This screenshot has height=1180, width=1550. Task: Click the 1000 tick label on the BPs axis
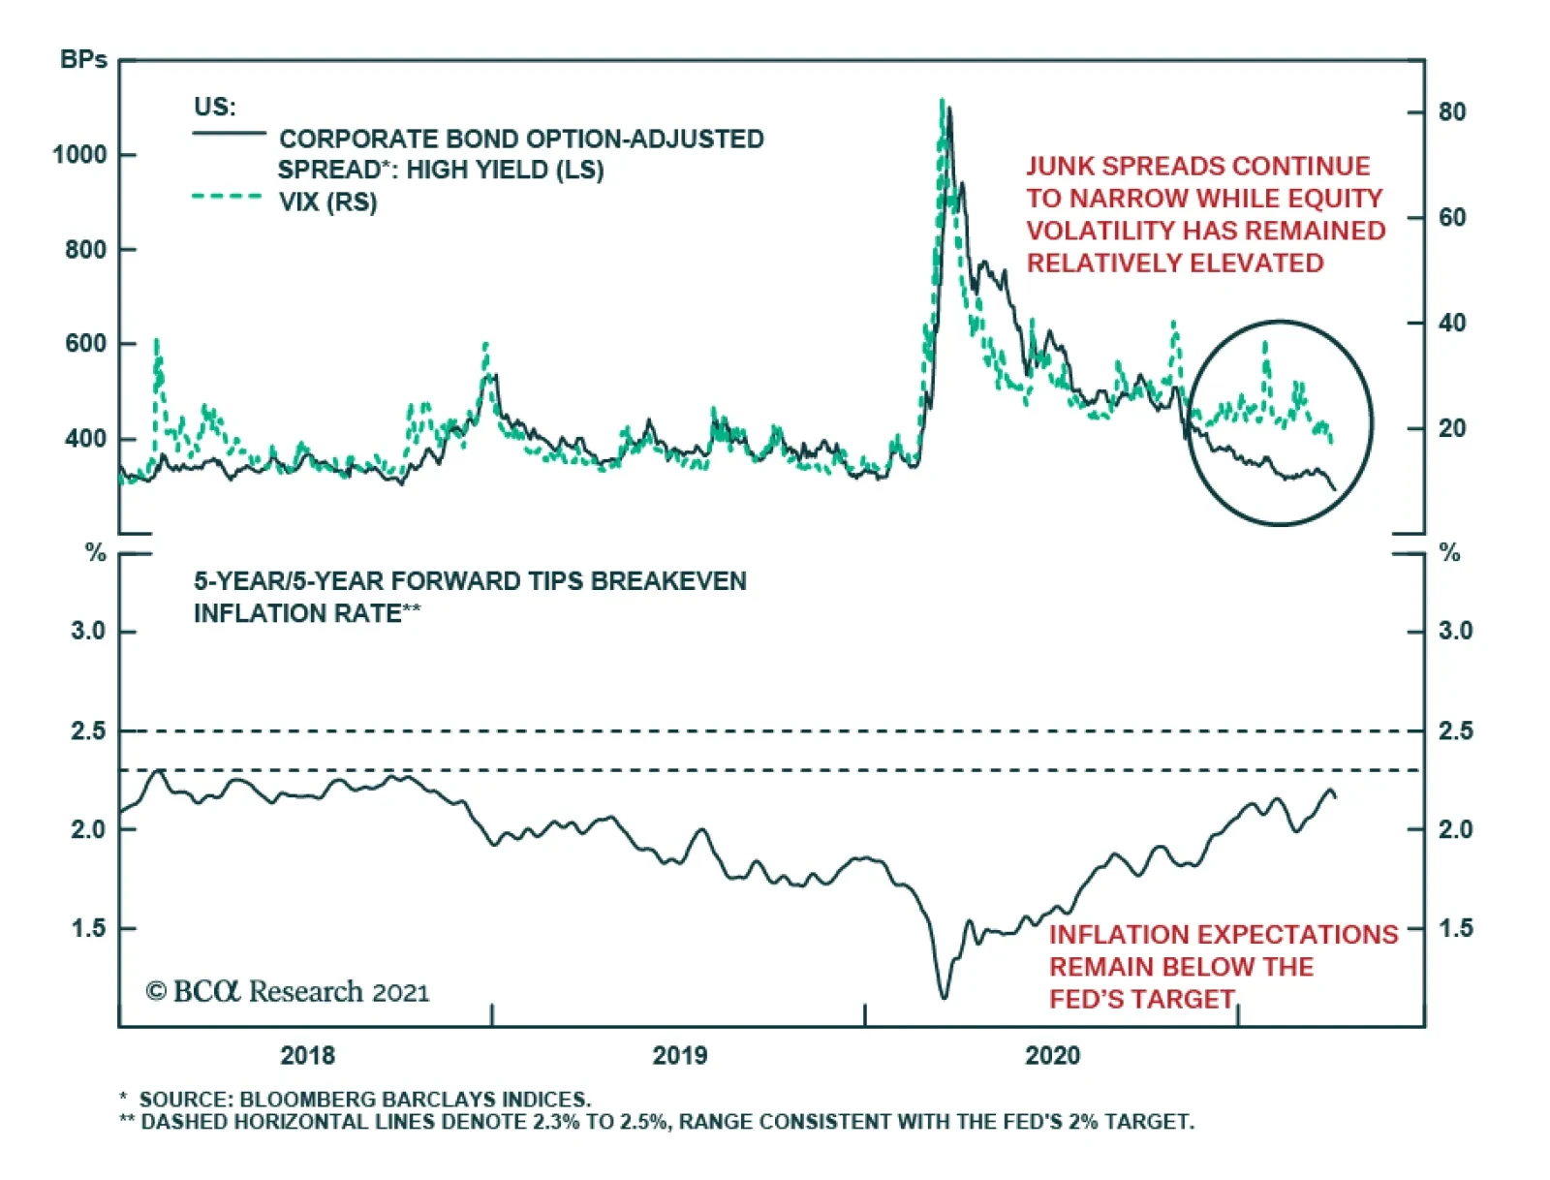[x=79, y=155]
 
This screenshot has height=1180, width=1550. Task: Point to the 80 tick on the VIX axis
[x=1451, y=112]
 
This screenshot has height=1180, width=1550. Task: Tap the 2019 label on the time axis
[x=679, y=1055]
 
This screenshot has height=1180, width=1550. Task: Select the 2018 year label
[x=307, y=1055]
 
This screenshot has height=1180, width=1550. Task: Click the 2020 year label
[x=1052, y=1055]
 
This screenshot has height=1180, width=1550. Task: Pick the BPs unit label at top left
[x=83, y=60]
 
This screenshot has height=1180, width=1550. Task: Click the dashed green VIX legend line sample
[x=228, y=197]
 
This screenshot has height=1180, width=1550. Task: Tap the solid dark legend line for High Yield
[x=229, y=133]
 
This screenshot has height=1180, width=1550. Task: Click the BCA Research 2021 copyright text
[x=287, y=992]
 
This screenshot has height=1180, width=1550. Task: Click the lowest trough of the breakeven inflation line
[x=944, y=996]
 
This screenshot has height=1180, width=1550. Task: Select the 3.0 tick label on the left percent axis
[x=88, y=632]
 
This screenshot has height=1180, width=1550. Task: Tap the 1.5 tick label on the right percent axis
[x=1455, y=928]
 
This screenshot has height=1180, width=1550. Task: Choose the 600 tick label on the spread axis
[x=85, y=344]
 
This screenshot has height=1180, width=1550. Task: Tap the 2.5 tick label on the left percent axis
[x=88, y=731]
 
